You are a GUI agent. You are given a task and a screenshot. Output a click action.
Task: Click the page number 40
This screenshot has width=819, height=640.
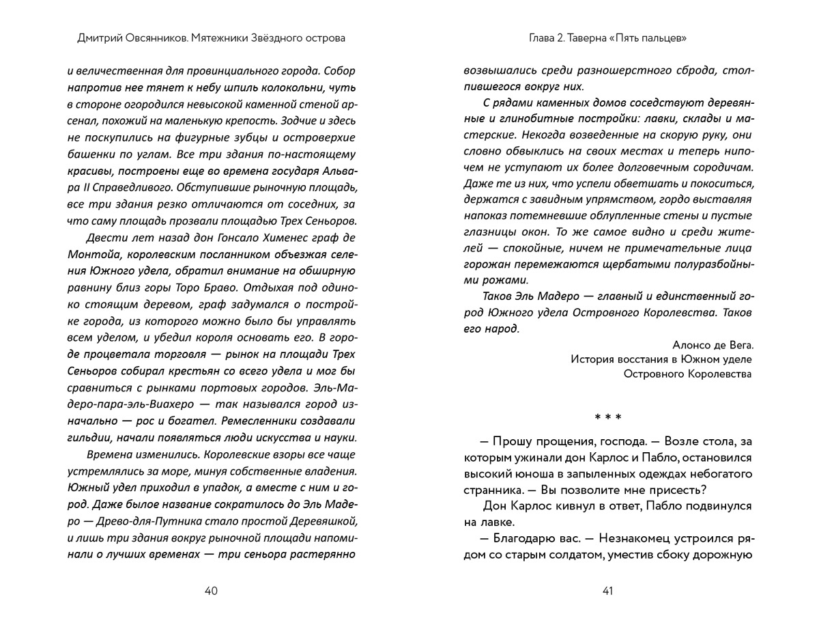click(211, 591)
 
